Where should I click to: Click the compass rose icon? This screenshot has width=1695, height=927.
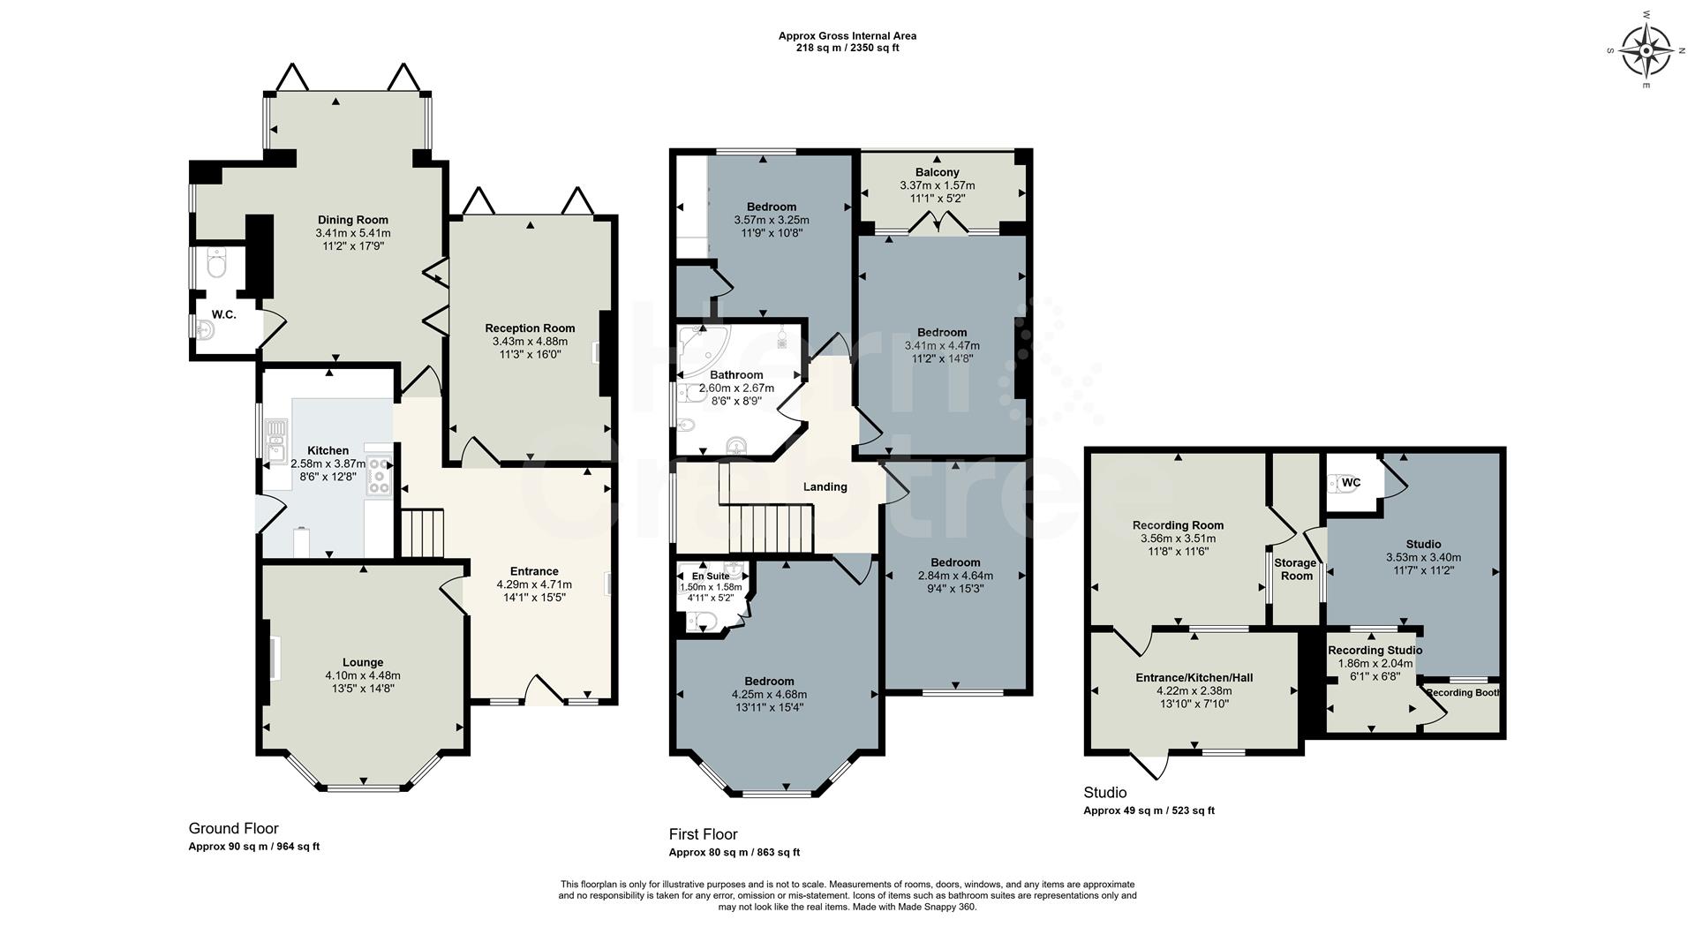click(1647, 50)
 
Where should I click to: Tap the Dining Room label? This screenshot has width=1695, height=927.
click(353, 220)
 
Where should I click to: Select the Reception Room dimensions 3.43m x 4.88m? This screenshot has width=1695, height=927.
click(530, 342)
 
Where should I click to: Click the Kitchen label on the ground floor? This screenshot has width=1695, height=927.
click(328, 450)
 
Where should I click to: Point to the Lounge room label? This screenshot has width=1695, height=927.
click(363, 662)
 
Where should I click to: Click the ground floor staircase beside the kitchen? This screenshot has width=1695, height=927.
click(422, 532)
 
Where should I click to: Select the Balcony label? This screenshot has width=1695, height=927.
click(937, 172)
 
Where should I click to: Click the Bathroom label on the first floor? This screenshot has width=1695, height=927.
click(736, 375)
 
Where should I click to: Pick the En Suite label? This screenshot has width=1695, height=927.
click(711, 576)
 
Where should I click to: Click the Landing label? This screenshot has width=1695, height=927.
click(825, 486)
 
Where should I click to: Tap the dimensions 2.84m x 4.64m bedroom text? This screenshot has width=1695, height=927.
click(955, 576)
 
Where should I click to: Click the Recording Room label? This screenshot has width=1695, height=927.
click(1178, 525)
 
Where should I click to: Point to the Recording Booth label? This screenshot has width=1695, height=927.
click(1463, 692)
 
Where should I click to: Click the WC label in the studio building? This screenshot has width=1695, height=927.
click(1351, 483)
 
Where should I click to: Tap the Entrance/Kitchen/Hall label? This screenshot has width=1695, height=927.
click(1194, 677)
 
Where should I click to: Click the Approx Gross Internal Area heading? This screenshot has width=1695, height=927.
click(847, 36)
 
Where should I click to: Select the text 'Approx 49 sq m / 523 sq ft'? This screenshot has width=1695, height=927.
click(1149, 810)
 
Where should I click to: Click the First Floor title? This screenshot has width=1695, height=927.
click(703, 834)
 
